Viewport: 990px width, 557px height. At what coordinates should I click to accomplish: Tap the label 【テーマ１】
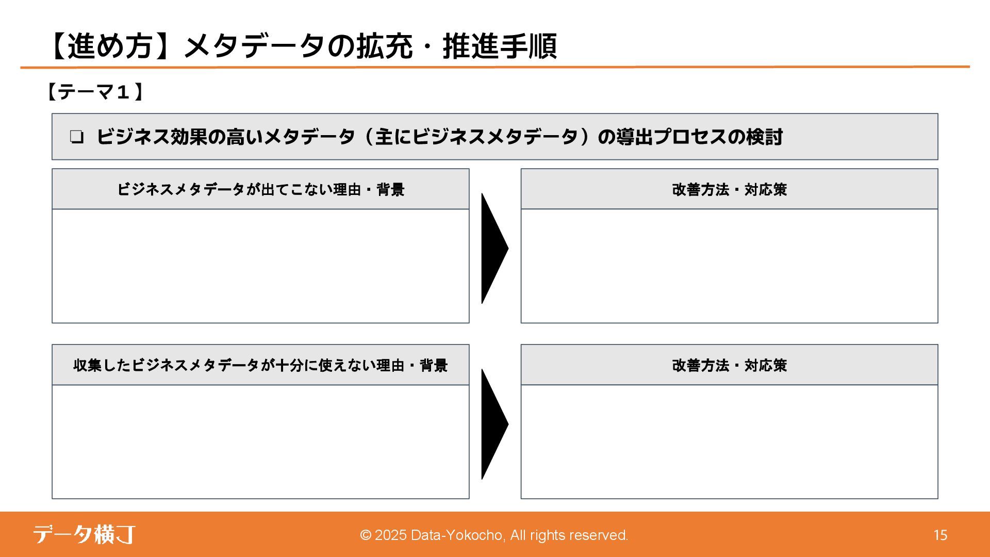coord(94,92)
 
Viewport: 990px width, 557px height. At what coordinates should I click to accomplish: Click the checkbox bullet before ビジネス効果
coord(77,137)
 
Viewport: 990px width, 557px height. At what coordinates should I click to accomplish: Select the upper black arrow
coord(494,249)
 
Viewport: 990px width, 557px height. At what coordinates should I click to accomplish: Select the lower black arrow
coord(494,424)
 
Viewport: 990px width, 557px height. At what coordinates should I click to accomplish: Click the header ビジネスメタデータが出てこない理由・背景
coord(260,189)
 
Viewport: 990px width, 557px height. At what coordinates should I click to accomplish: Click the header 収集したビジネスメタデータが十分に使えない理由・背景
coord(260,365)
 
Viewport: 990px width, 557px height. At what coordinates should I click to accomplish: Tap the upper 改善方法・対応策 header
coord(729,189)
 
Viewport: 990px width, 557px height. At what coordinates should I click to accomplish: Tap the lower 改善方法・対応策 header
coord(729,365)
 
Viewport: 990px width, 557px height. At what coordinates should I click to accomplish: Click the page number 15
coord(940,535)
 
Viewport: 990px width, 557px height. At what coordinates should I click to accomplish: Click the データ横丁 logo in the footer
coord(84,535)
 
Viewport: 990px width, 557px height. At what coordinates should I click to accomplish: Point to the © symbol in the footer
coord(366,535)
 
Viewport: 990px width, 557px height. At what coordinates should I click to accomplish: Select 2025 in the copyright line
coord(390,535)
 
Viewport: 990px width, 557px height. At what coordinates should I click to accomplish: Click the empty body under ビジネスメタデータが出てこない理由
coord(260,266)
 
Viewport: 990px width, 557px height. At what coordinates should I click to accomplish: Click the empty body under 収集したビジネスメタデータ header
coord(260,442)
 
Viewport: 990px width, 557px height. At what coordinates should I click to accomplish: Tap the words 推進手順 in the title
coord(500,46)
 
